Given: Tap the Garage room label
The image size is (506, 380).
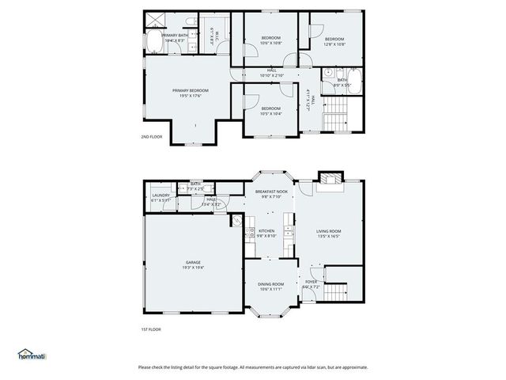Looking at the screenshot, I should [x=193, y=264].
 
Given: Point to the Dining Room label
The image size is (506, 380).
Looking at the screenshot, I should [x=271, y=286].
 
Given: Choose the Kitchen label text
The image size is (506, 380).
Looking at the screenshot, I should [x=266, y=233].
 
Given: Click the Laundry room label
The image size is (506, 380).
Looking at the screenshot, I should [x=161, y=197].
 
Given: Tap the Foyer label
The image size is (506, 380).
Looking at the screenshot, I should [x=312, y=283].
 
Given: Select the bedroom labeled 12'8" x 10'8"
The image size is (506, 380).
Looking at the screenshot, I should [x=334, y=41].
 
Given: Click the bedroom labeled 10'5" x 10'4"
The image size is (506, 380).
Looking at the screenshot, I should [x=270, y=111].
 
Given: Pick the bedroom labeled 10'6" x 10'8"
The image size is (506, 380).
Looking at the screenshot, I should [x=270, y=41].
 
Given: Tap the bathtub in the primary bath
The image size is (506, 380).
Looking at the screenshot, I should [x=152, y=44].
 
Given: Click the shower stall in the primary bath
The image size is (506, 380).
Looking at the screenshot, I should [x=153, y=20].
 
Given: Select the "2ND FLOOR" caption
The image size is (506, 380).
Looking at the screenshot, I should [x=151, y=137].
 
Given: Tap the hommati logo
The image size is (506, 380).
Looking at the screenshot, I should [x=32, y=355].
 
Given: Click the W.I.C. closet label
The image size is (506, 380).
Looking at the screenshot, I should [x=213, y=34].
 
